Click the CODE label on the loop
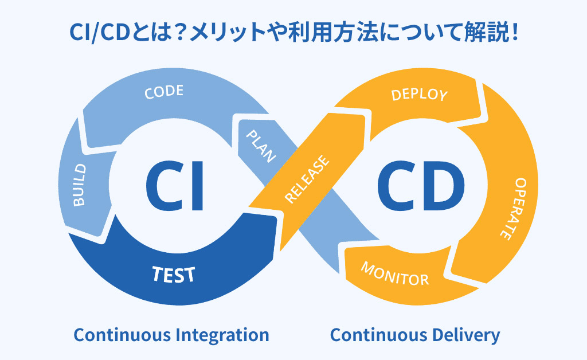point(164,92)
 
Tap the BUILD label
point(80,185)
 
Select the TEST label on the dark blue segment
point(174,275)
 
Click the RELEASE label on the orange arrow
point(307,179)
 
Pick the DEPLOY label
point(419,94)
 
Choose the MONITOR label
point(394,275)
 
